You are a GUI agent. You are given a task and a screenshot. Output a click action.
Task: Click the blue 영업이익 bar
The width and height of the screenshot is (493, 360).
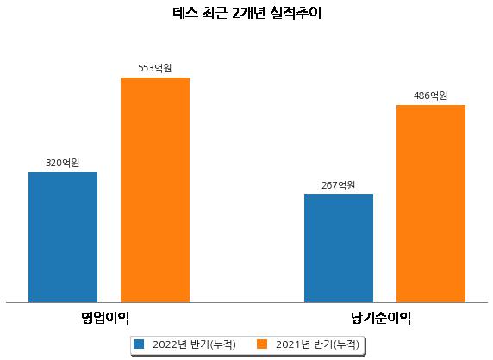pyautogui.click(x=63, y=238)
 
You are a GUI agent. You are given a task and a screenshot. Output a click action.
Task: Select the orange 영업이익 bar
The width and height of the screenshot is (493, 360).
pyautogui.click(x=155, y=190)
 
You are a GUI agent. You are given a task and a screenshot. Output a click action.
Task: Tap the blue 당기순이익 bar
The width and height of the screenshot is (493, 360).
pyautogui.click(x=339, y=248)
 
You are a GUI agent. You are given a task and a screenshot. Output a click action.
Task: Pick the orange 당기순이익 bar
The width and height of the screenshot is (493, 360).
pyautogui.click(x=431, y=204)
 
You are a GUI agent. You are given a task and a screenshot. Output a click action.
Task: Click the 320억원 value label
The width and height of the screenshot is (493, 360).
pyautogui.click(x=63, y=163)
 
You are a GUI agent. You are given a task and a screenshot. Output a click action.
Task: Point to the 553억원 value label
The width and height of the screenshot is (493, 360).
pyautogui.click(x=155, y=68)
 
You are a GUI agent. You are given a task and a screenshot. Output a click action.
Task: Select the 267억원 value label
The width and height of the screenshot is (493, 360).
pyautogui.click(x=339, y=185)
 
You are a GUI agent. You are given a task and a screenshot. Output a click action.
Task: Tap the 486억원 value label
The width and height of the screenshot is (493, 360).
pyautogui.click(x=430, y=96)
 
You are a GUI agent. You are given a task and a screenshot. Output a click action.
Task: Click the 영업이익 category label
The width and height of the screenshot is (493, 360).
pyautogui.click(x=105, y=318)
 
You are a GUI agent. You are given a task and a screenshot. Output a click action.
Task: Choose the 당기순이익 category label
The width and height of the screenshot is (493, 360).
pyautogui.click(x=381, y=318)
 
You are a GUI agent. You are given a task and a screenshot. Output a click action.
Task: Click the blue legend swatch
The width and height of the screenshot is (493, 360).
pyautogui.click(x=139, y=344)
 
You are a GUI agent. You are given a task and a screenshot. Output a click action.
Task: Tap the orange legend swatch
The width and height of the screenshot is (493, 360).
pyautogui.click(x=262, y=344)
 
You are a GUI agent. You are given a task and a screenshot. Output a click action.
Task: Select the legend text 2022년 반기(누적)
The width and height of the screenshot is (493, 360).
pyautogui.click(x=194, y=344)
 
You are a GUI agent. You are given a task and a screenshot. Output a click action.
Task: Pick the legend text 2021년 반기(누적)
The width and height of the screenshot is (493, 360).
pyautogui.click(x=317, y=344)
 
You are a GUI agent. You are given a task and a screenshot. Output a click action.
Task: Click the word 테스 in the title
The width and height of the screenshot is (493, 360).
pyautogui.click(x=185, y=13)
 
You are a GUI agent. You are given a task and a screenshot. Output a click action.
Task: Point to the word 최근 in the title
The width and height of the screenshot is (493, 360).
pyautogui.click(x=215, y=13)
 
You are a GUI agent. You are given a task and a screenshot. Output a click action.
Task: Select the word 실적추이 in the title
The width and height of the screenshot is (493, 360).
pyautogui.click(x=296, y=13)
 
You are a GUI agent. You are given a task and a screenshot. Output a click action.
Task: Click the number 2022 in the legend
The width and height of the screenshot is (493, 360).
pyautogui.click(x=165, y=344)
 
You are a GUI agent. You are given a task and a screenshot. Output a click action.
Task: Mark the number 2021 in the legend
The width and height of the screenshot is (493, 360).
pyautogui.click(x=289, y=344)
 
